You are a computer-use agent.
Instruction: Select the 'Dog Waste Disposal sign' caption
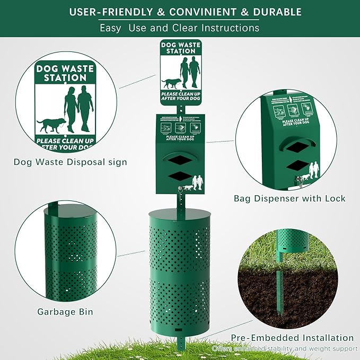[71, 162]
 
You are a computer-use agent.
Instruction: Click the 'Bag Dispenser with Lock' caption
[289, 199]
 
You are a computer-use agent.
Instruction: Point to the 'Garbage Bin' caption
[65, 312]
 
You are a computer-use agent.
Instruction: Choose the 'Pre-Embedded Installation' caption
[292, 338]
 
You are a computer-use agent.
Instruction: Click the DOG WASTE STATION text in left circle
[65, 73]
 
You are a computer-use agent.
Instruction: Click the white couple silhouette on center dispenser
[197, 182]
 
